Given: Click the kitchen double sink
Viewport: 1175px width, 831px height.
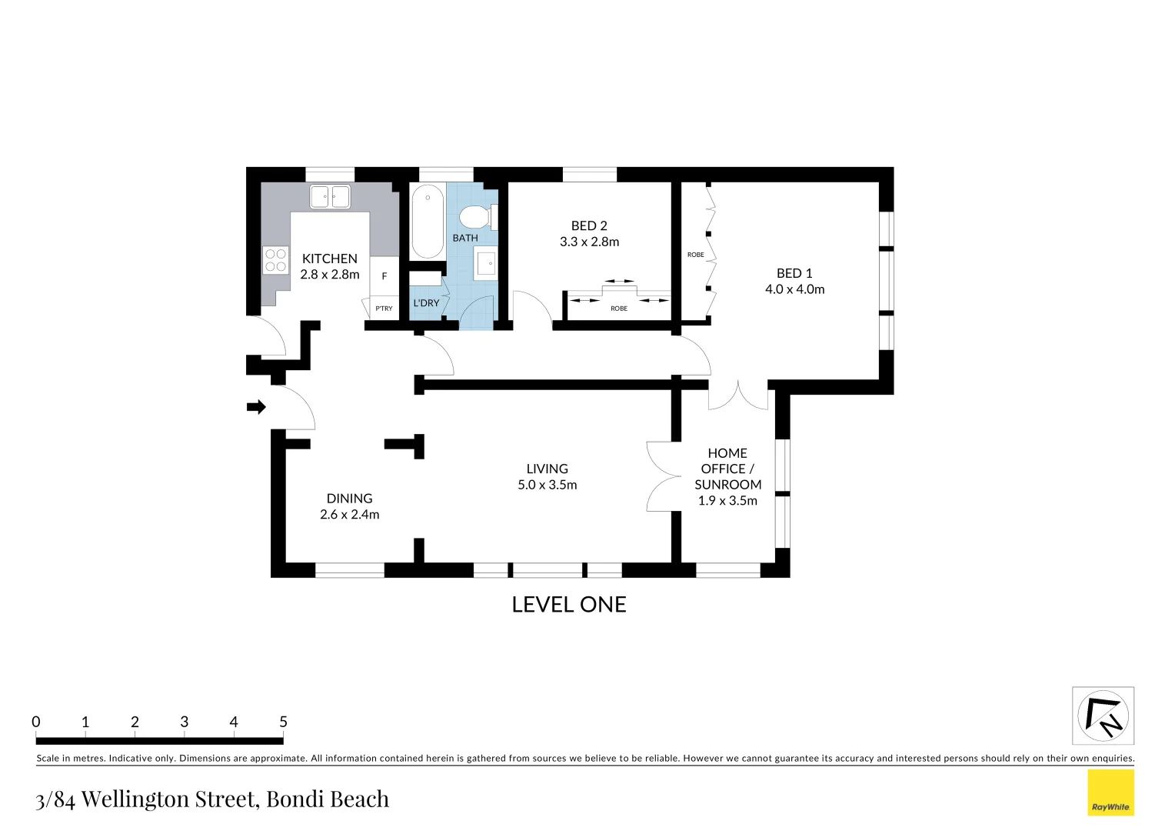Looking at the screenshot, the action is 330,198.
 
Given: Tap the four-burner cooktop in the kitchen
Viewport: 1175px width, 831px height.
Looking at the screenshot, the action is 276,260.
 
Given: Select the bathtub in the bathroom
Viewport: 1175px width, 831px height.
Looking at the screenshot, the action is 428,222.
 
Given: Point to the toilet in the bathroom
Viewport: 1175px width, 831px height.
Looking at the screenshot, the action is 478,217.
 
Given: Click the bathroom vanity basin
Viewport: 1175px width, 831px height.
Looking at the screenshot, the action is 486,263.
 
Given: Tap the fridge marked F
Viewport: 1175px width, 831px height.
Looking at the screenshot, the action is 384,275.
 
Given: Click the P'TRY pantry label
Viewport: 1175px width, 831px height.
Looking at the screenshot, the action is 384,309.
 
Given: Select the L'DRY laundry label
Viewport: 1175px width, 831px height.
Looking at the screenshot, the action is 426,303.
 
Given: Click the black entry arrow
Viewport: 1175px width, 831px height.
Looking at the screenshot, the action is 257,407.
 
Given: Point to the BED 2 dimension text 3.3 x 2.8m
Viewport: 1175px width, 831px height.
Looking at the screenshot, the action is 589,242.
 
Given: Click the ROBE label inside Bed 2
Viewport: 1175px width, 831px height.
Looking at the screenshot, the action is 619,309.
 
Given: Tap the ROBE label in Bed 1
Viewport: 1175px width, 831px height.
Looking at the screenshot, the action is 696,255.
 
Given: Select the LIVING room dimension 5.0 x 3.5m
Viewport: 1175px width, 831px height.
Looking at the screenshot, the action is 547,485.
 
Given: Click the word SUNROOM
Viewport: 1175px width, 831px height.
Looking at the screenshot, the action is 727,485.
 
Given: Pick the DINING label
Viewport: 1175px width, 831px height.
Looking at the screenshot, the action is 349,498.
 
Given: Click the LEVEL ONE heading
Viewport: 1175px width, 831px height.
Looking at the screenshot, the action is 568,605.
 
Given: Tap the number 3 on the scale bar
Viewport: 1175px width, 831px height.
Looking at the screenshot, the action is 184,722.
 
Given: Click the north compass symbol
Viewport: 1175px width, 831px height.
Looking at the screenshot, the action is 1103,716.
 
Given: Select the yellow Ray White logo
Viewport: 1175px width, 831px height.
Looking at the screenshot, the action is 1110,793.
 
